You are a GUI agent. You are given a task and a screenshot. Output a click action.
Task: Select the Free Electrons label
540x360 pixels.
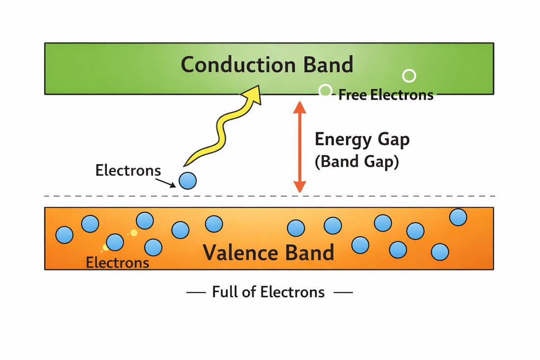point(386,95)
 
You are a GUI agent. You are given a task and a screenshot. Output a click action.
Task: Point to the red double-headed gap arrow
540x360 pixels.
point(299,147)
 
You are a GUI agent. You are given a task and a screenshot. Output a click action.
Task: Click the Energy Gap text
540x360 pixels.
point(362,139)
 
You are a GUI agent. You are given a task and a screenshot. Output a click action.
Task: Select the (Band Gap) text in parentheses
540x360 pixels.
point(356,162)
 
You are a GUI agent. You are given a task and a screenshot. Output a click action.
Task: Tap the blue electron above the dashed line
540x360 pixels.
point(188,181)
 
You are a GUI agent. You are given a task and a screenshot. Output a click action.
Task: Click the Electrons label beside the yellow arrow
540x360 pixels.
point(128,170)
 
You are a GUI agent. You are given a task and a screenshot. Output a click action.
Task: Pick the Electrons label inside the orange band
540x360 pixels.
point(117,262)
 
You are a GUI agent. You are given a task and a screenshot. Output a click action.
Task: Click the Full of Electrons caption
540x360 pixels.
point(269,292)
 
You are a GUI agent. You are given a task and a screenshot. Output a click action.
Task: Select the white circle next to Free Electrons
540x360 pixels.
point(325,90)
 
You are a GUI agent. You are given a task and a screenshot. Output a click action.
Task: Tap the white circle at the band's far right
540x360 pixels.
point(409,76)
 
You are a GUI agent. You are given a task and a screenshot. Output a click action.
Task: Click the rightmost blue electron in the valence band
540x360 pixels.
point(458,217)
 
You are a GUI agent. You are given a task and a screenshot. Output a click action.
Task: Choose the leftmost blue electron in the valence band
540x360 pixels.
point(64,235)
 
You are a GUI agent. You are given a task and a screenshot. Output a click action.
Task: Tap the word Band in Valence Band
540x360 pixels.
point(310,252)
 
